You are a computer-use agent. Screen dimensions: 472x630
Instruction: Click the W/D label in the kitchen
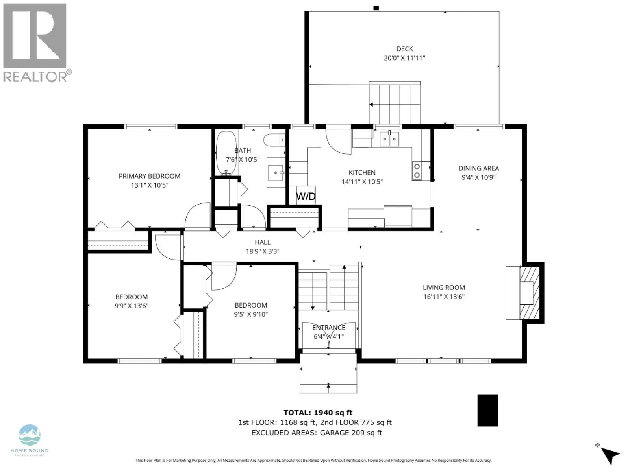(x=306, y=196)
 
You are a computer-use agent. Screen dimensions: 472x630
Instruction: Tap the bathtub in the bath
(x=226, y=153)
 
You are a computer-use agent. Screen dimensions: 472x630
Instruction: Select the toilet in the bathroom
(x=274, y=139)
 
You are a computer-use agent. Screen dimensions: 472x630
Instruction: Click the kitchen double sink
(x=389, y=139)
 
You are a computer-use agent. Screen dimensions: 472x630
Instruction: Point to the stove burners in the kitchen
(x=416, y=171)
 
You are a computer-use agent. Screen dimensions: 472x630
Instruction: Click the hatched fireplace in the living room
(x=529, y=293)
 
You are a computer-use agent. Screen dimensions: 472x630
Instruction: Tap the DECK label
(x=404, y=49)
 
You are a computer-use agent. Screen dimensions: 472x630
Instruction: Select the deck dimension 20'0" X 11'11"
(x=404, y=58)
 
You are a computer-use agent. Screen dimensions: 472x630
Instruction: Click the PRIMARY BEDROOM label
(x=150, y=176)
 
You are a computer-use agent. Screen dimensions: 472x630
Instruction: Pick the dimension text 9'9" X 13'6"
(x=132, y=306)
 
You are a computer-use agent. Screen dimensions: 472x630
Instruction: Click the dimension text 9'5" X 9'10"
(x=251, y=314)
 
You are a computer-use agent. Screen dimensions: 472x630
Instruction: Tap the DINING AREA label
(x=478, y=168)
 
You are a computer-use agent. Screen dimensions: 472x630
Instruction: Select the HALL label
(x=263, y=242)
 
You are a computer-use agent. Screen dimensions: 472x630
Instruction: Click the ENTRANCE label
(x=328, y=328)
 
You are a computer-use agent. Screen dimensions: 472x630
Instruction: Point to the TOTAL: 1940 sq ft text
(x=318, y=413)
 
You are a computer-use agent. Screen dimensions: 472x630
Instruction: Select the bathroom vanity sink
(x=276, y=172)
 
